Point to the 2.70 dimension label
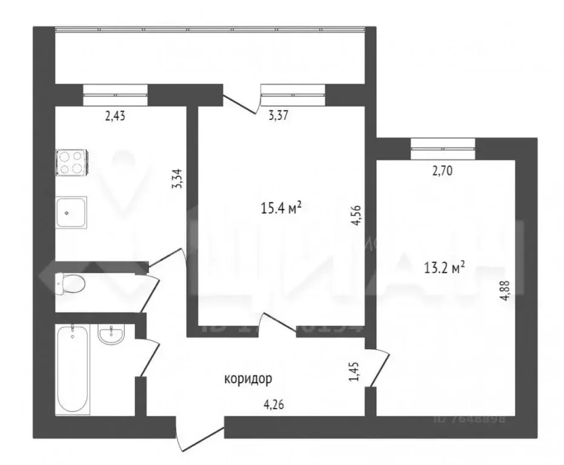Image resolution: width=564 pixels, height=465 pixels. pos(442,171)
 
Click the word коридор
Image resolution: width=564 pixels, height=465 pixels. pos(248,380)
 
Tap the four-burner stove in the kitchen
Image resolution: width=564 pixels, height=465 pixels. pos(71,163)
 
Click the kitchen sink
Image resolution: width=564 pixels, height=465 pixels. pos(71,212)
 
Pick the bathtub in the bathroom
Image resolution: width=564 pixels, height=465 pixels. pos(73,369)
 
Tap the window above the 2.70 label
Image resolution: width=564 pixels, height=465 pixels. pos(443,147)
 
